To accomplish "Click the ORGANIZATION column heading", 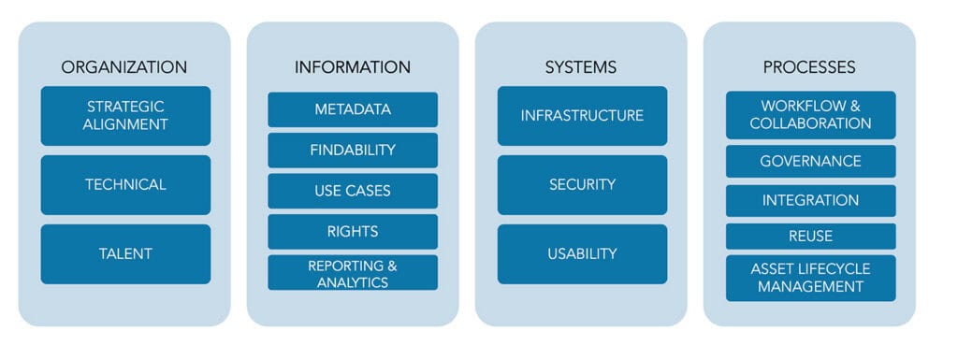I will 124,67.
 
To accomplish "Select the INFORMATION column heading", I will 353,67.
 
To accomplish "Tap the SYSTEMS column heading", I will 581,67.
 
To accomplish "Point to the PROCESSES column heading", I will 809,67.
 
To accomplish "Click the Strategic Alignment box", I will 125,116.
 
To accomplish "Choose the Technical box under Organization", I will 125,185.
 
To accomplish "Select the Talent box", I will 125,253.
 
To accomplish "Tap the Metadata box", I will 353,109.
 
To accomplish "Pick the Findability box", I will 353,151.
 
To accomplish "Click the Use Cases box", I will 353,191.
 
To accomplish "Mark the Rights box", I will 353,232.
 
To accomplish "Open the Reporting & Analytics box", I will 353,273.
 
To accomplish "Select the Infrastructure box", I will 582,116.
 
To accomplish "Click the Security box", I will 582,185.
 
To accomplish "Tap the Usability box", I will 582,253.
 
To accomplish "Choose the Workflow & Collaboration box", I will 810,114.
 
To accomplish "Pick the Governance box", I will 810,161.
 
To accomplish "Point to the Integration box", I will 810,200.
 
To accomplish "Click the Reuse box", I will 810,237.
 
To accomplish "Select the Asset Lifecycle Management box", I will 810,278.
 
